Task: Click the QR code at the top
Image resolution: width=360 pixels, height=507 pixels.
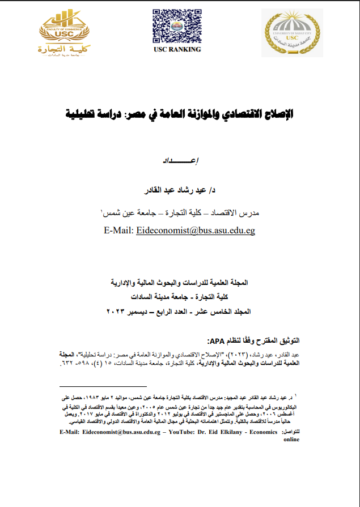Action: (x=176, y=25)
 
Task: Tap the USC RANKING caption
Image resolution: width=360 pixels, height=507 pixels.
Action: (x=177, y=49)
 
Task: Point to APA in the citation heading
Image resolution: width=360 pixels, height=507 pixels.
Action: (x=218, y=340)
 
